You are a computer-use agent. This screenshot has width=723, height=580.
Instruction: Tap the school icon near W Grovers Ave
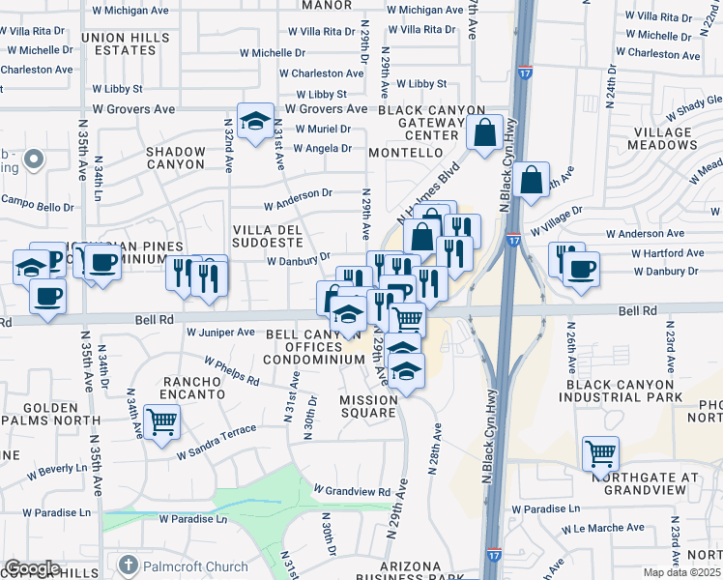coord(255,122)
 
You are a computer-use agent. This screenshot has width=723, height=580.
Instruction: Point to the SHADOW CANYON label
coord(176,158)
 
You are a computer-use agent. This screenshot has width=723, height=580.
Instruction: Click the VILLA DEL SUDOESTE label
coord(262,235)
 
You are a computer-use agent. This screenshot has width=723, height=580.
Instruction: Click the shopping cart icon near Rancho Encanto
coord(161,421)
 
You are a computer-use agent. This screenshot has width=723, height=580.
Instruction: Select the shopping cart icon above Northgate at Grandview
coord(600,452)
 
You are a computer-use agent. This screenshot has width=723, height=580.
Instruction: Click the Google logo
coord(32,567)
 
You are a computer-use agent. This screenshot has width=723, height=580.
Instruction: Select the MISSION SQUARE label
coord(367,406)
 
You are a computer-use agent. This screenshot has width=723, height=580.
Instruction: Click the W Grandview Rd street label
coord(351,490)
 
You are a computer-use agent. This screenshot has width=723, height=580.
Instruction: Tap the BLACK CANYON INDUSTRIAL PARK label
coord(625,391)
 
